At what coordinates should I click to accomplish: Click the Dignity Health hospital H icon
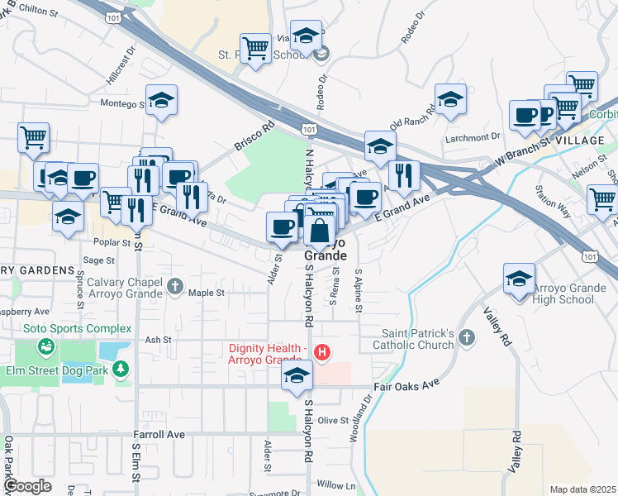(x=323, y=354)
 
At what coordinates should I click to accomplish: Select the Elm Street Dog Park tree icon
(x=121, y=369)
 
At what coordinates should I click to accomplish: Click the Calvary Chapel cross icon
(x=174, y=286)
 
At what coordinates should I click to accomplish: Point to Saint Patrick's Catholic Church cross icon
(x=467, y=337)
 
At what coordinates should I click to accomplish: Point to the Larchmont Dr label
(x=473, y=136)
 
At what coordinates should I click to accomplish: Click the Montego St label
(x=122, y=103)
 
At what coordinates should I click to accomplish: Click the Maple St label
(x=207, y=293)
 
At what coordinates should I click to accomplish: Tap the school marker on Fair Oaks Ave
(x=297, y=377)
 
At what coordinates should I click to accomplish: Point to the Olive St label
(x=334, y=421)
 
